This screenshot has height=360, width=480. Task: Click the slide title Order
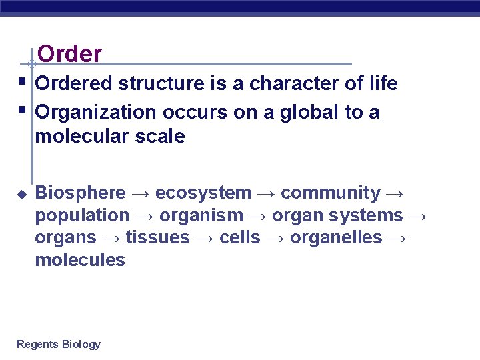tap(70, 53)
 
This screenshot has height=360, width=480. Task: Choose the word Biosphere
tap(80, 193)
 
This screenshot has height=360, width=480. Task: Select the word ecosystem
tap(203, 193)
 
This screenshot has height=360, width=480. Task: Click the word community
tap(331, 193)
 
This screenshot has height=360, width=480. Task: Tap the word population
tap(83, 216)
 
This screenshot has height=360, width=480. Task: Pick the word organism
tap(202, 216)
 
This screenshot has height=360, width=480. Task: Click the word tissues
tap(158, 238)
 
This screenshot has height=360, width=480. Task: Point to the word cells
tap(240, 238)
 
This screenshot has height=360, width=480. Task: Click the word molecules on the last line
tap(80, 260)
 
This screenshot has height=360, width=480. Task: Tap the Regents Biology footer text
tap(59, 344)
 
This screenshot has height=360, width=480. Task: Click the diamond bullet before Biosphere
tap(21, 193)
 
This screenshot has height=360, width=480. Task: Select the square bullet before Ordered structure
tap(22, 82)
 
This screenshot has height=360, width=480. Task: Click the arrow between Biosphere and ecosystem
tap(140, 193)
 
